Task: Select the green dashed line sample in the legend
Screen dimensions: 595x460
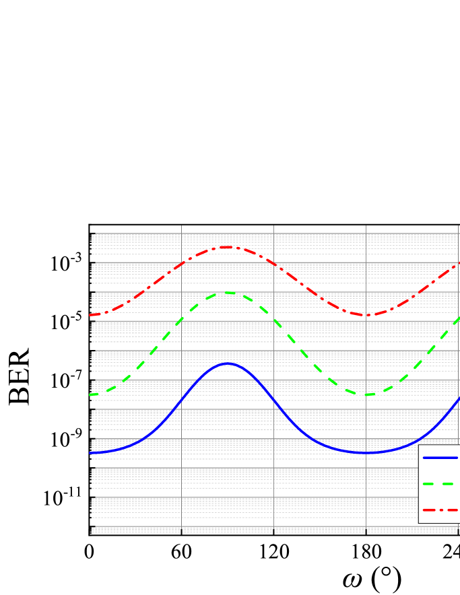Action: pos(438,483)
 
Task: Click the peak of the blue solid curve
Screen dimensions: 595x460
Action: pos(227,363)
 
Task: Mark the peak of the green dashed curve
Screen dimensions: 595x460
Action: pos(227,293)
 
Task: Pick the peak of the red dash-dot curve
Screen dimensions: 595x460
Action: pos(227,247)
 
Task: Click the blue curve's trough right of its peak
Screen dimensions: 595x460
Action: pos(366,452)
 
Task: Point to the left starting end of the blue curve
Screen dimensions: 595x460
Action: pos(90,453)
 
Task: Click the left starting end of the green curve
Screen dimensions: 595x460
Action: pos(90,394)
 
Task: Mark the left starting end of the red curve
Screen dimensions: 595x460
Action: pos(90,315)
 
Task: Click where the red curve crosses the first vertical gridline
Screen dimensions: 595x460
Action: pos(181,263)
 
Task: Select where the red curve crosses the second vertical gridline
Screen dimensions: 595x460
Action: pos(273,263)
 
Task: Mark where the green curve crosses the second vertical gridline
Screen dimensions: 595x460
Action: pos(273,319)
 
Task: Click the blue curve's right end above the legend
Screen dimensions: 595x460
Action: pos(459,399)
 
